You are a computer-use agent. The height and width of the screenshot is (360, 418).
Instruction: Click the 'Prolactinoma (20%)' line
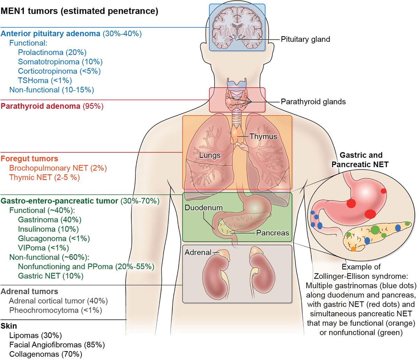coord(52,53)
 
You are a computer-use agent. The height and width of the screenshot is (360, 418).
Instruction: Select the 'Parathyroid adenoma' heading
coord(40,106)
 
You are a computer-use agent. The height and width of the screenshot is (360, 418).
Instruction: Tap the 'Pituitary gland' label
coord(305,39)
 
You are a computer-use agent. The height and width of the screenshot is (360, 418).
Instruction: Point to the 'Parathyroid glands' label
coord(313,102)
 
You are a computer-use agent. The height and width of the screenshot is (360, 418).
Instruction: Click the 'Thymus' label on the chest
coord(263,136)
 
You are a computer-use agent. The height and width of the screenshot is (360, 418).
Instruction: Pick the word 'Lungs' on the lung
coord(210,156)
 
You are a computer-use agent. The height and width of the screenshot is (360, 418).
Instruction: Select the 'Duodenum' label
coord(203,208)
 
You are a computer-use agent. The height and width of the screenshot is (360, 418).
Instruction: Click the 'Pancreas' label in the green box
coord(272,233)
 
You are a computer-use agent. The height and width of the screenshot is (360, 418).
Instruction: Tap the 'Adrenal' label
coord(198,252)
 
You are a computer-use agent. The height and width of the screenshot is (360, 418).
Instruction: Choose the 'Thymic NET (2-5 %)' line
coord(44,178)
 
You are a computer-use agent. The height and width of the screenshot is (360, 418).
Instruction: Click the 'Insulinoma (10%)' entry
coord(48,229)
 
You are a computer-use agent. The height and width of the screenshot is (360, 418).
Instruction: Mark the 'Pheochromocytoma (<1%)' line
coord(55,310)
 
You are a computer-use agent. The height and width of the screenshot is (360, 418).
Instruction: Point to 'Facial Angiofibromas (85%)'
coord(57,345)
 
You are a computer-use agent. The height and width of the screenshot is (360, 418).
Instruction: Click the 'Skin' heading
coord(9,326)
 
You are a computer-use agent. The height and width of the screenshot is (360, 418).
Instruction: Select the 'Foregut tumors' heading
coord(29,159)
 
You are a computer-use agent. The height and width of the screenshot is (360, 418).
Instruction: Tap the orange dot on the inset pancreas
coord(353,249)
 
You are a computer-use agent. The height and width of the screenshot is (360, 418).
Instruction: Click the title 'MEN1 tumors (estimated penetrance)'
coord(79,11)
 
